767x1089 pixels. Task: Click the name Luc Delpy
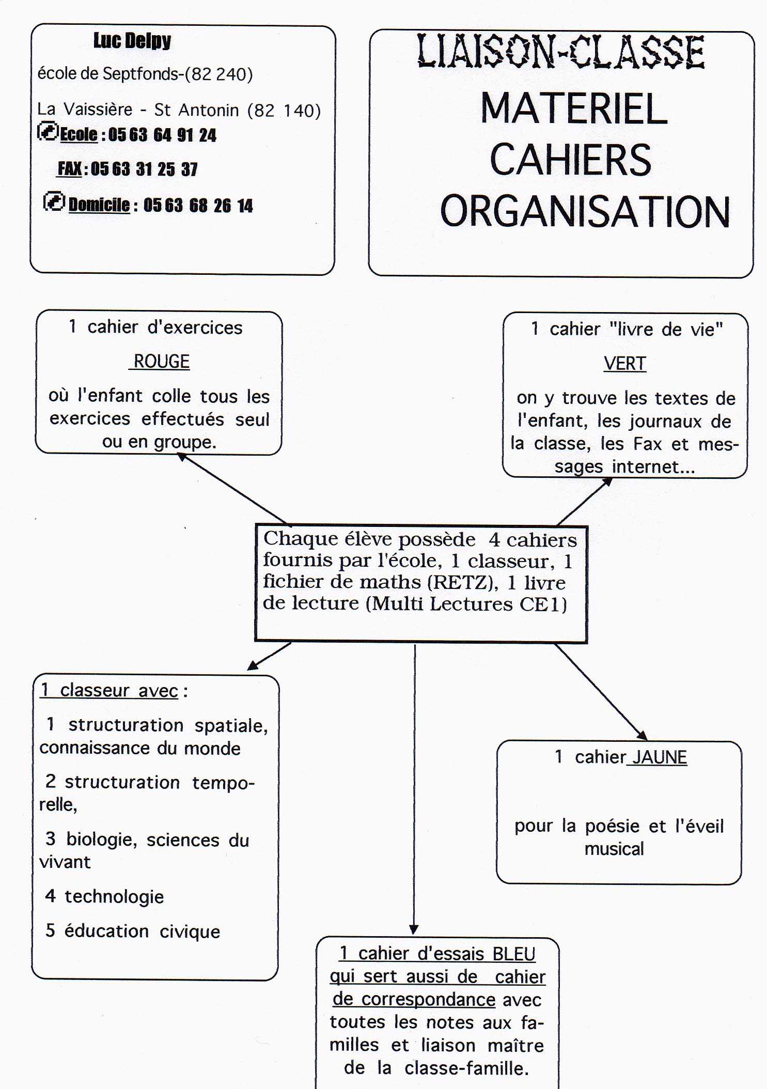pos(132,41)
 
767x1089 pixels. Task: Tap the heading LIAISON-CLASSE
pos(560,52)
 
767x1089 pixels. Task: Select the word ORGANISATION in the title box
pos(585,212)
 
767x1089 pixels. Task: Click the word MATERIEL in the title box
pos(574,109)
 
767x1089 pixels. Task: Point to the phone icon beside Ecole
pos(48,132)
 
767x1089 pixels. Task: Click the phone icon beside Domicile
pos(54,201)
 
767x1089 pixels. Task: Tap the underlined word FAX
pos(70,169)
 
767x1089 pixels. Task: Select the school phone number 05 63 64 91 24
pos(162,135)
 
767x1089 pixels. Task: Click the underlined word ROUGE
pos(161,362)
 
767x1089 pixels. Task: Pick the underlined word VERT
pos(624,364)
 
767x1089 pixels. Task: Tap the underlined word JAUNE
pos(660,757)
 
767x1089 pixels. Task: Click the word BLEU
pos(513,954)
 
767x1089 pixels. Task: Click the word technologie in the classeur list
pos(114,897)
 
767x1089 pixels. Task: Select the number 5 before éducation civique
pos(50,930)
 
